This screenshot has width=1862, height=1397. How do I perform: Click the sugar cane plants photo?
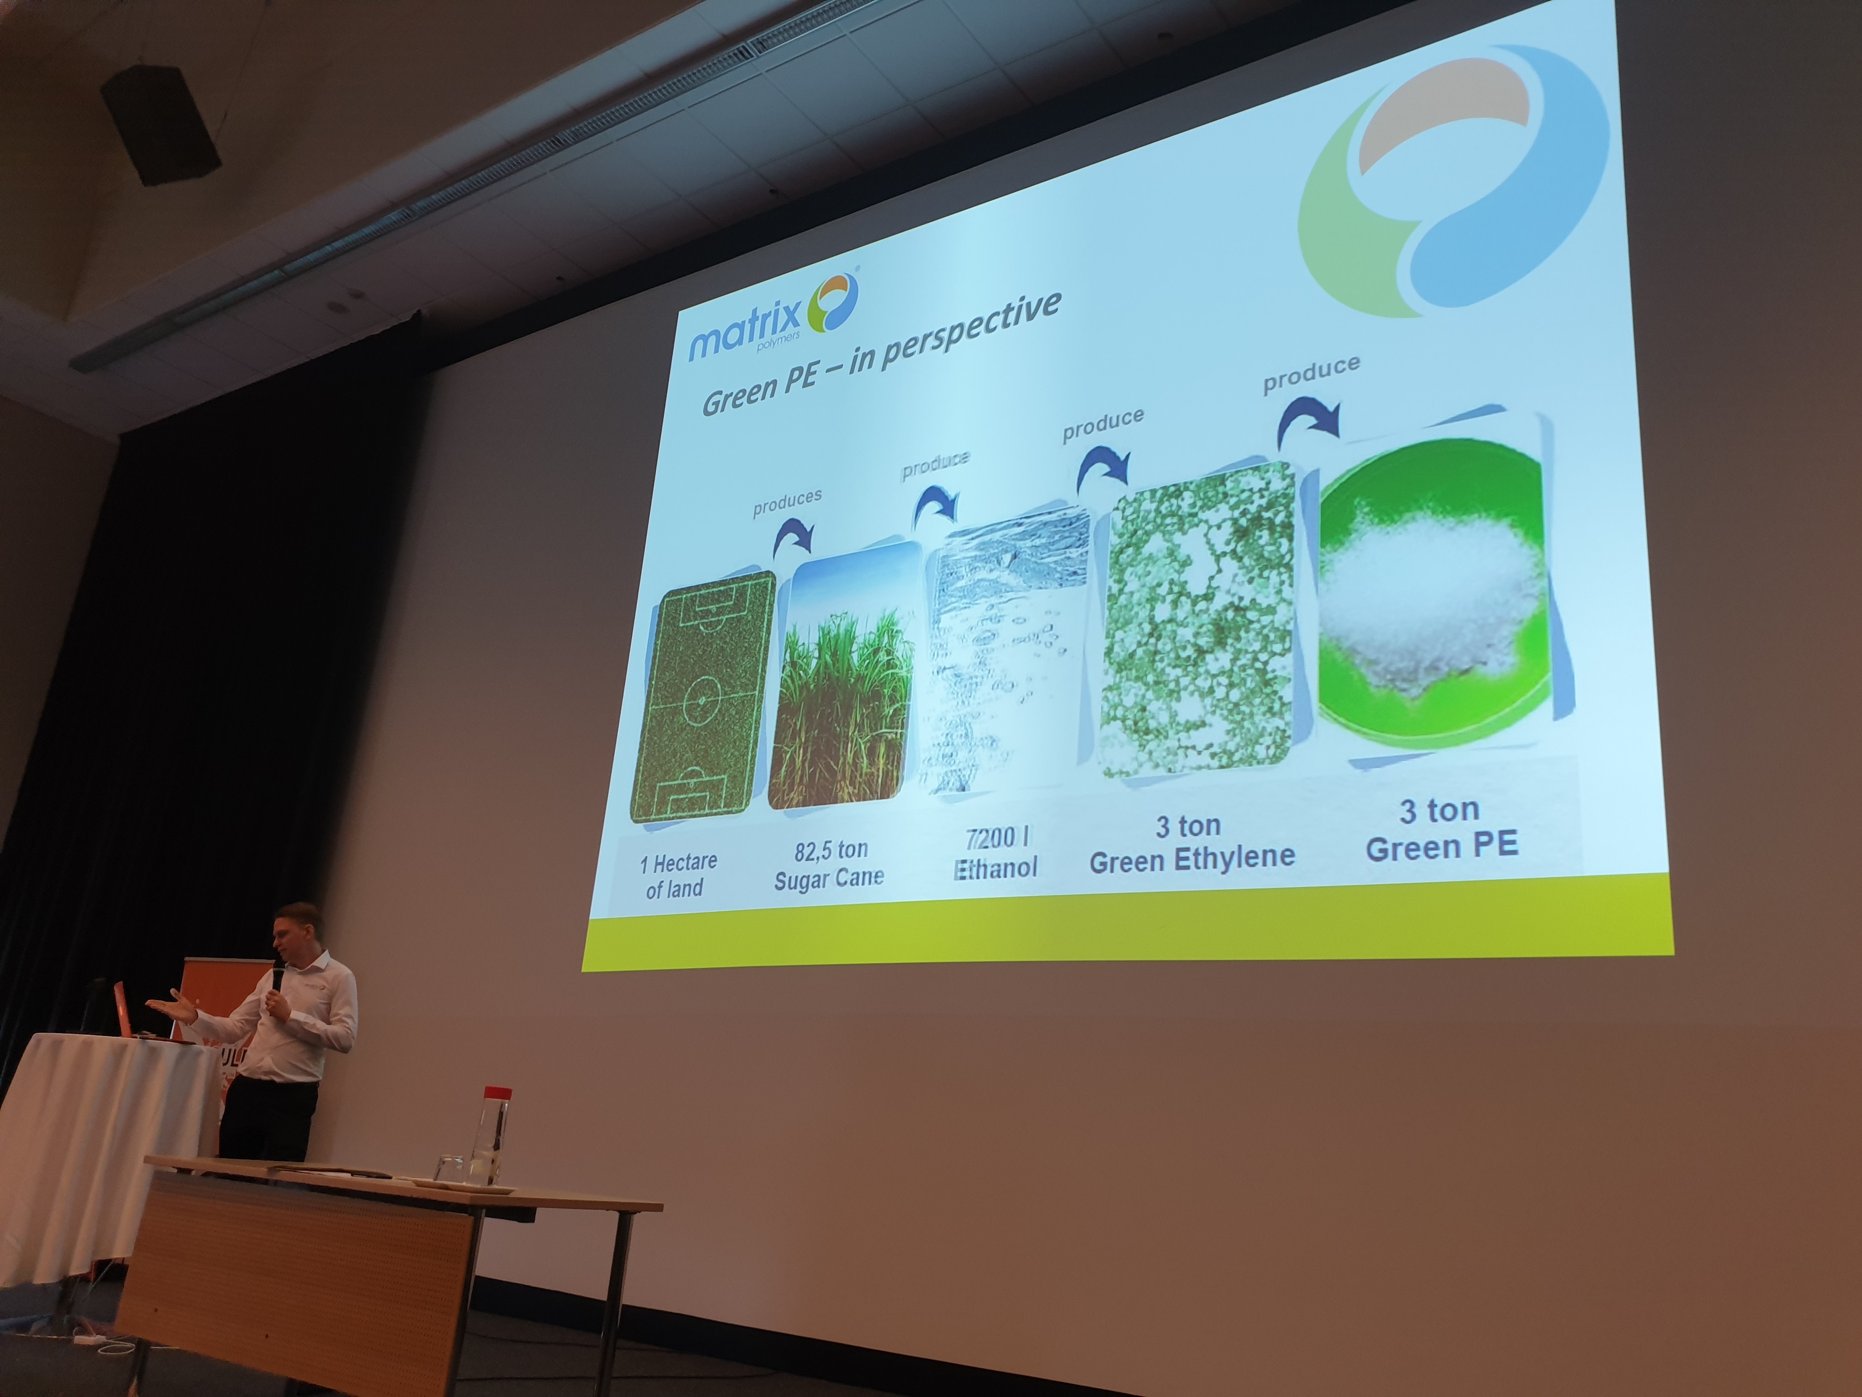click(x=842, y=674)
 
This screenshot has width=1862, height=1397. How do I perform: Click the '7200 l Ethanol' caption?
click(x=996, y=853)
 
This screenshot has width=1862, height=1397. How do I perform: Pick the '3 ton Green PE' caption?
click(x=1441, y=829)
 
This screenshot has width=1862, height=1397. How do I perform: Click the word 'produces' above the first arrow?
click(x=787, y=502)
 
